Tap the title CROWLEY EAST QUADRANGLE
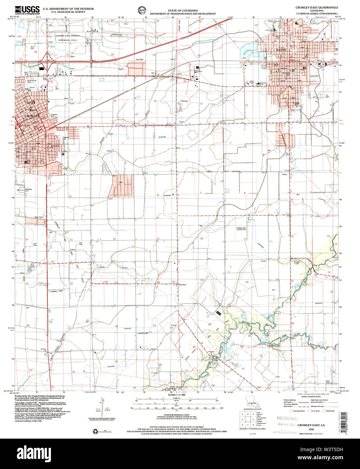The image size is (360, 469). (316, 7)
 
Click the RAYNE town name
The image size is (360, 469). (281, 50)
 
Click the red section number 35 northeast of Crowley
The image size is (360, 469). (115, 101)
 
